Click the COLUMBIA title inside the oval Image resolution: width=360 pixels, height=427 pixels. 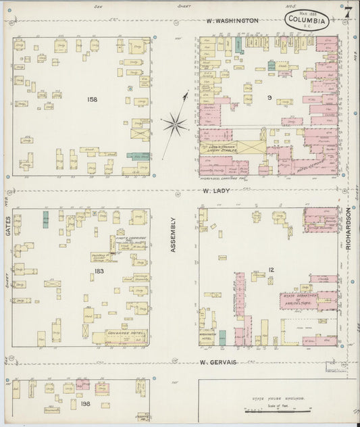pyautogui.click(x=307, y=20)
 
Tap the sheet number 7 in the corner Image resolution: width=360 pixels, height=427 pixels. pyautogui.click(x=348, y=11)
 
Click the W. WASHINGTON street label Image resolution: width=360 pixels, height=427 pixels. pyautogui.click(x=232, y=21)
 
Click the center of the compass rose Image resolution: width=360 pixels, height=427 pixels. pyautogui.click(x=175, y=123)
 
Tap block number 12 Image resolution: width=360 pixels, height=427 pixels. pyautogui.click(x=271, y=270)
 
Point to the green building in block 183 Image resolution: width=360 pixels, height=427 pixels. pyautogui.click(x=45, y=219)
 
